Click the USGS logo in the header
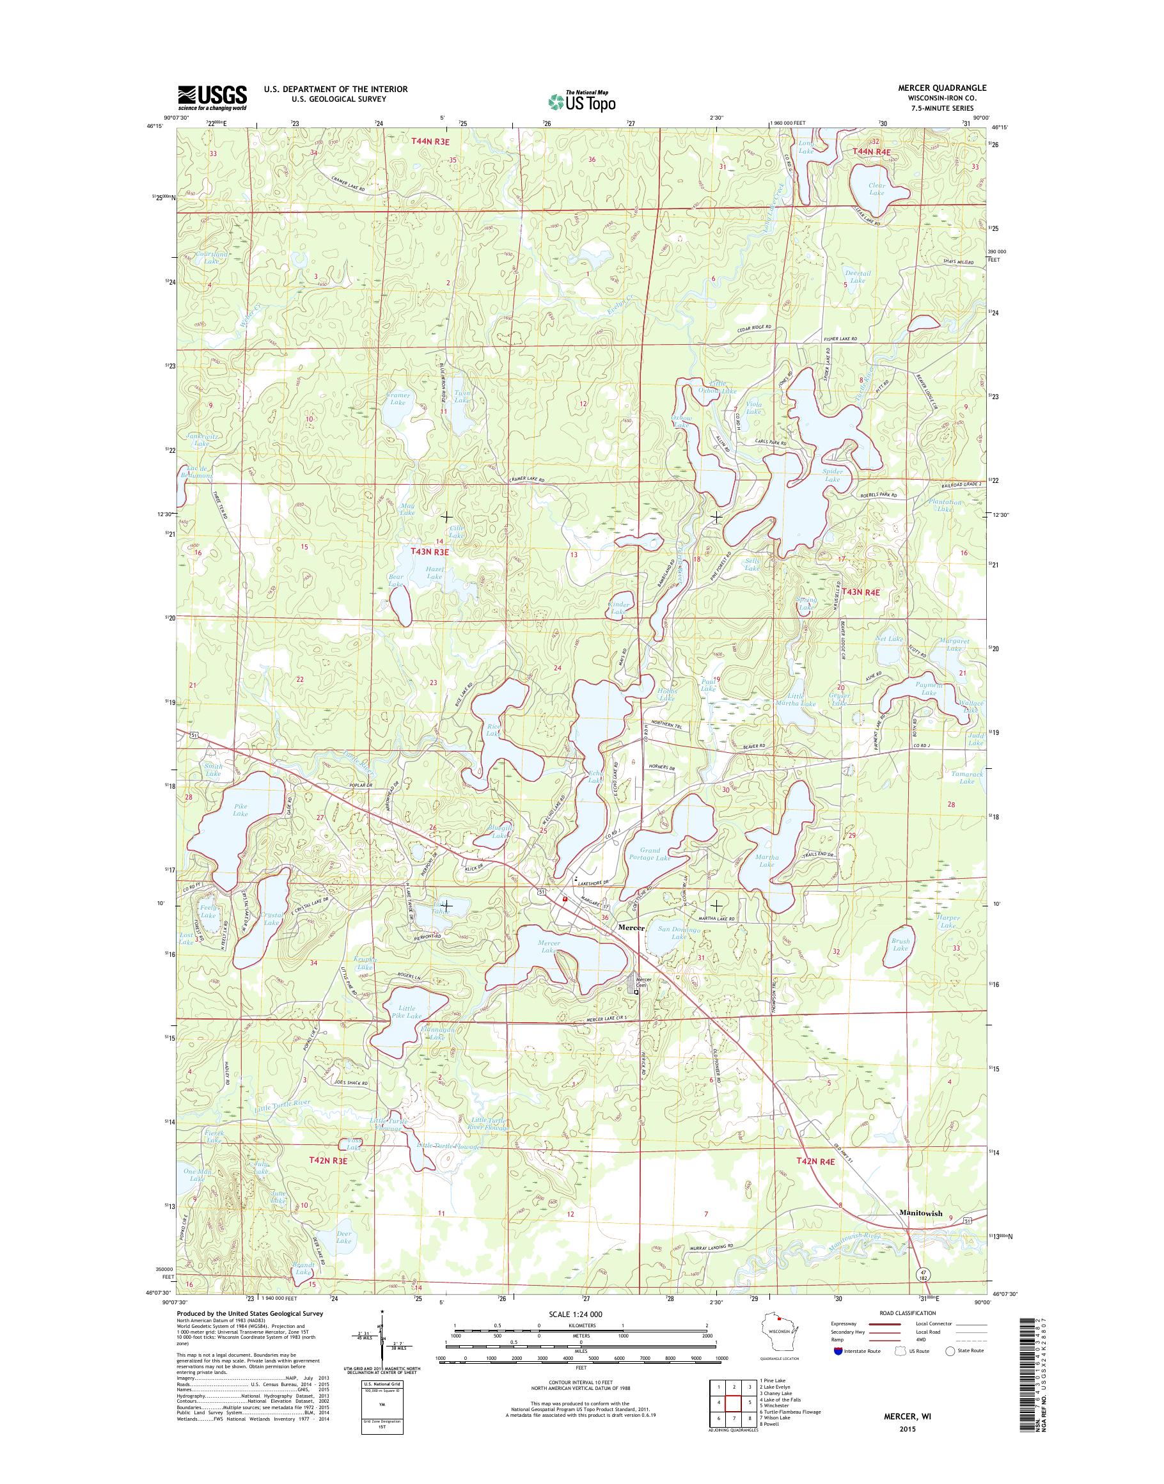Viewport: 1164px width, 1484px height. click(212, 97)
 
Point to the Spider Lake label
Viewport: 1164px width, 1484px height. click(833, 475)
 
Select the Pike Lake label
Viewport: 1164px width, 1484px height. click(240, 810)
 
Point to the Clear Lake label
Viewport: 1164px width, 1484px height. click(876, 189)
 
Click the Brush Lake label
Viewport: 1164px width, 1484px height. click(901, 945)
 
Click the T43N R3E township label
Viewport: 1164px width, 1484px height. click(429, 551)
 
